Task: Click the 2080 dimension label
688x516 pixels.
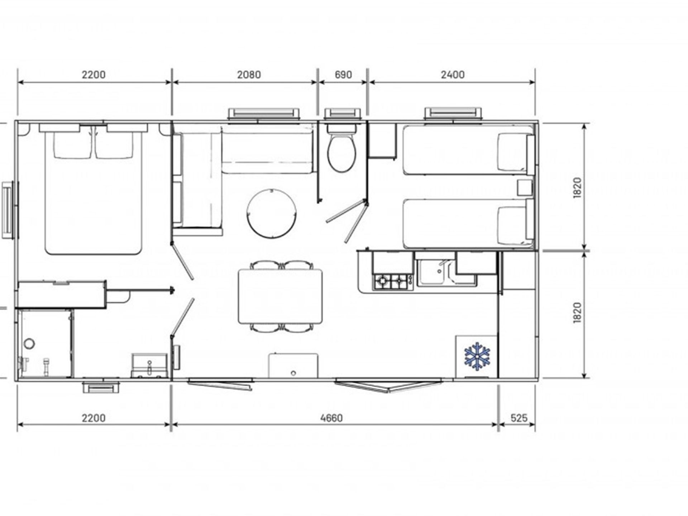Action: (249, 75)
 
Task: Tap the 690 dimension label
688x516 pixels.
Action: (343, 75)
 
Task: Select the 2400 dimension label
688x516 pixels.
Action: (453, 75)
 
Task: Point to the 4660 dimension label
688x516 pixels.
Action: (331, 418)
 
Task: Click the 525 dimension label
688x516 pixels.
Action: (519, 418)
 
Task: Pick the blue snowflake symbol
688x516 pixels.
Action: (477, 356)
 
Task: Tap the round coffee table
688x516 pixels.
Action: (272, 213)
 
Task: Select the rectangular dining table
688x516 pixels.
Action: (280, 296)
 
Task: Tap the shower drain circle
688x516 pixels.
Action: (29, 344)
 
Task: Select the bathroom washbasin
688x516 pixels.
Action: (149, 365)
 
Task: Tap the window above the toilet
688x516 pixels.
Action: (342, 114)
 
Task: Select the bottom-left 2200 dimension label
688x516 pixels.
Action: (94, 418)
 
